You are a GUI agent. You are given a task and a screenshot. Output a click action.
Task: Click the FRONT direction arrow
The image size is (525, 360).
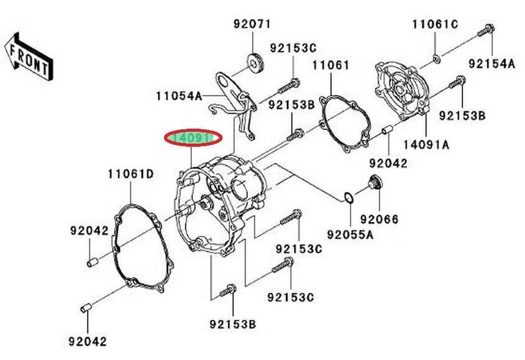click(x=29, y=57)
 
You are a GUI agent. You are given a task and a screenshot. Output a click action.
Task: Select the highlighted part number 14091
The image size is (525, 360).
click(x=193, y=138)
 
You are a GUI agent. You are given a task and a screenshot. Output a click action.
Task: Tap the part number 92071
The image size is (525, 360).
click(x=252, y=24)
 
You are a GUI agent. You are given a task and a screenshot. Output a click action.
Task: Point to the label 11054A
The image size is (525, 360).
click(x=179, y=96)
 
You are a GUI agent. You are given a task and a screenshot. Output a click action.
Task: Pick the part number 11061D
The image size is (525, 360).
click(x=131, y=174)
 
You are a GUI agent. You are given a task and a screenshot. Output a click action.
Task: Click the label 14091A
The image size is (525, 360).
click(x=426, y=145)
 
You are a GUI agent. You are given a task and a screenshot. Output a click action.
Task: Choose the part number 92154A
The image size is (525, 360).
click(x=491, y=63)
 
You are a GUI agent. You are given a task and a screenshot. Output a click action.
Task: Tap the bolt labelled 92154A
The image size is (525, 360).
click(x=485, y=31)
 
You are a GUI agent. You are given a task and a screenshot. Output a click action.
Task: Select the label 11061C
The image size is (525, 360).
click(x=435, y=24)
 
